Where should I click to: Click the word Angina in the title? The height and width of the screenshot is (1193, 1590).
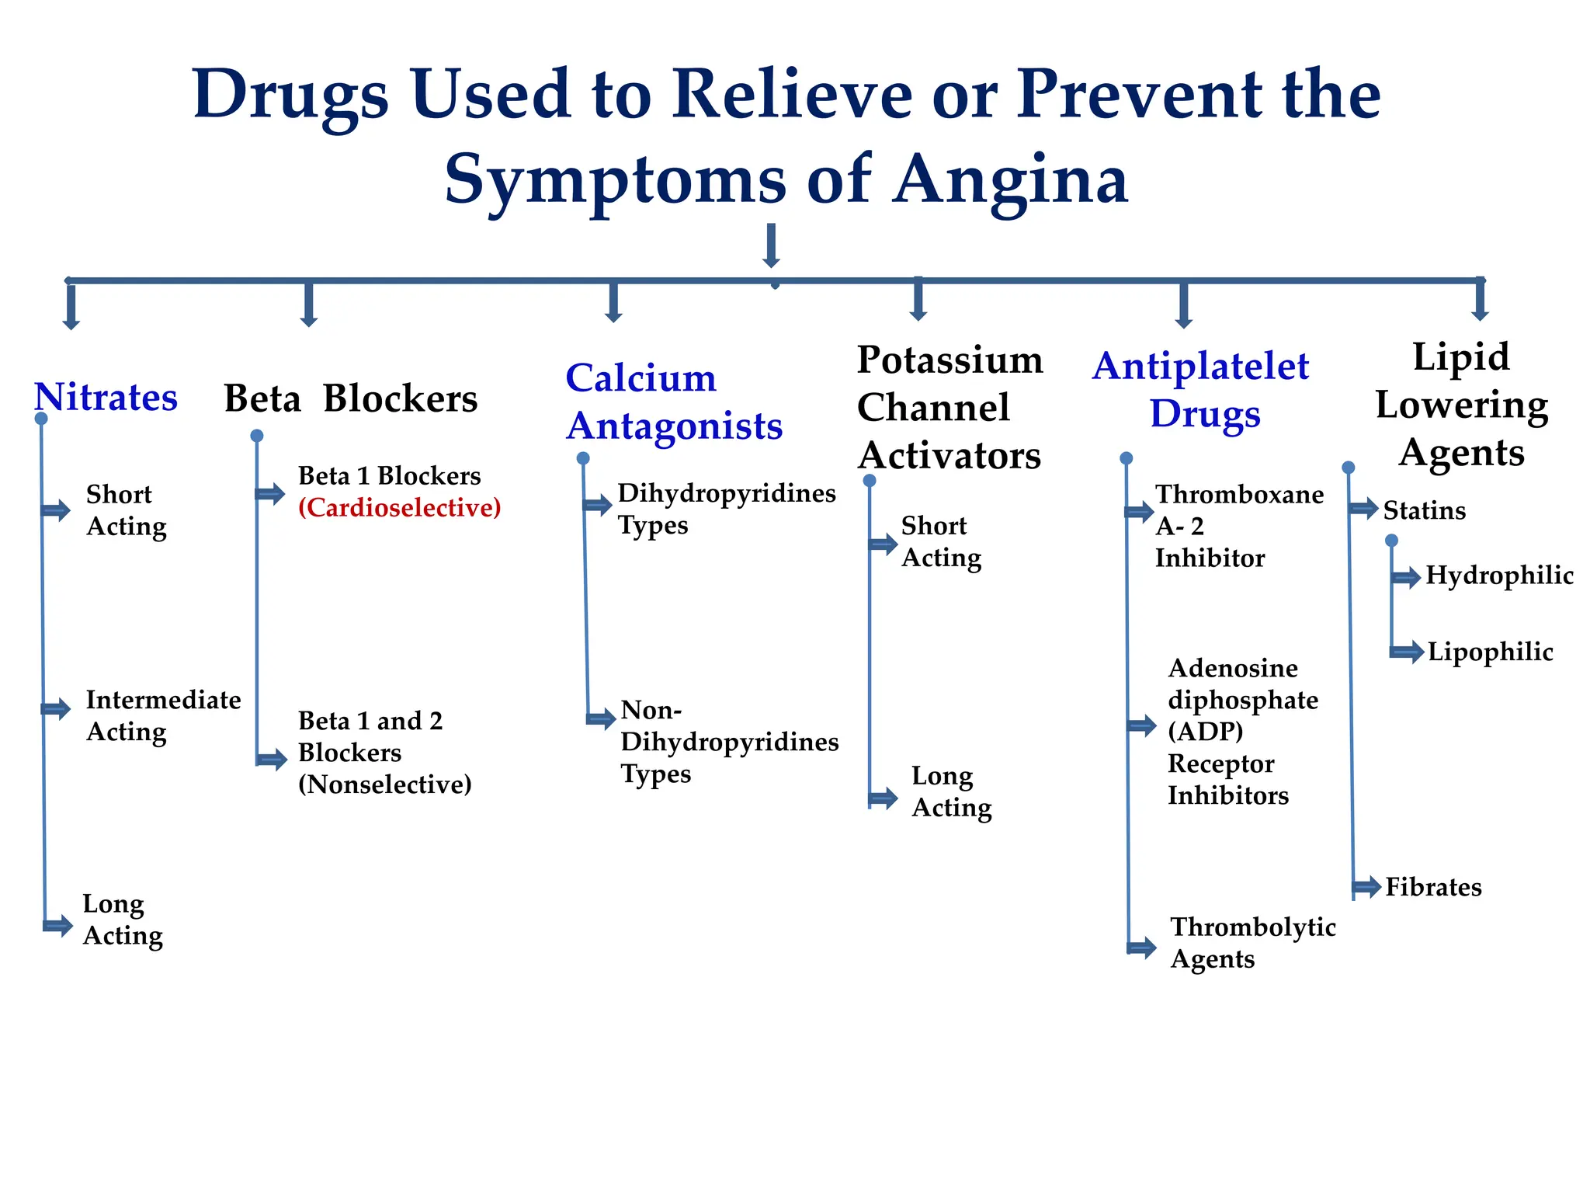(1009, 181)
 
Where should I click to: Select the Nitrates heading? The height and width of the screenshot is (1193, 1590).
(106, 398)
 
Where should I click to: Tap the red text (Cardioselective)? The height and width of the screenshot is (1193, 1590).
(399, 508)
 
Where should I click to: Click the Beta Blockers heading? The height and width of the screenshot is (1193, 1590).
(350, 399)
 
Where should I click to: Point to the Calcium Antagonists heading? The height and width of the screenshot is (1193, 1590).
(673, 402)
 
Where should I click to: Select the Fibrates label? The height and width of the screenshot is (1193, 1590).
(1433, 887)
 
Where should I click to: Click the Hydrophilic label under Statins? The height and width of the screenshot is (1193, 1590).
(1498, 576)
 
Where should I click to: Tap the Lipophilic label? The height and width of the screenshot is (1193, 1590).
(1490, 652)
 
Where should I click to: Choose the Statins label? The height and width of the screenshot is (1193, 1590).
(1424, 511)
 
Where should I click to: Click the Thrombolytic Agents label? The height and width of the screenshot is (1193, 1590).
(1252, 943)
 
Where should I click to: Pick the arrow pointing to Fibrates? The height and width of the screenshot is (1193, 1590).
(1366, 887)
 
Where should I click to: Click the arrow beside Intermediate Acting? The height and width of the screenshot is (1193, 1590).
(56, 708)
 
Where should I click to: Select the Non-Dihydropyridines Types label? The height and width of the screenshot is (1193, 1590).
(728, 743)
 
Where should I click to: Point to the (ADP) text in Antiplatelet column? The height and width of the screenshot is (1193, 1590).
(1205, 732)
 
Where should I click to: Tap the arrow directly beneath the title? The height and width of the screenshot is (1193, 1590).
(771, 245)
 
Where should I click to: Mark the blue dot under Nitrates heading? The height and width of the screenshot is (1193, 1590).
(41, 419)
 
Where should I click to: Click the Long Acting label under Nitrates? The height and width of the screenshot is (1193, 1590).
(123, 920)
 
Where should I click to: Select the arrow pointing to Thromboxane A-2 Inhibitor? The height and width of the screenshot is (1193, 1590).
(1139, 511)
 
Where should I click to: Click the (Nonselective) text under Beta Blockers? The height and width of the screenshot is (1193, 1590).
(384, 784)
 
